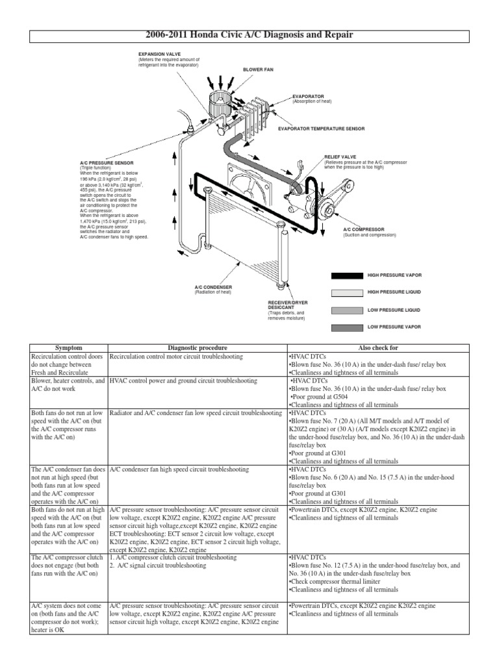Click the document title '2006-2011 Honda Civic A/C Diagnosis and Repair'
point(249,34)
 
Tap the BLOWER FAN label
point(258,69)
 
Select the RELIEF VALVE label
point(337,157)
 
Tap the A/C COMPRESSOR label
point(365,229)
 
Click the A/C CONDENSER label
point(213,286)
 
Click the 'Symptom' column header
point(68,348)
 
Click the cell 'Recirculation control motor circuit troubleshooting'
point(176,357)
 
